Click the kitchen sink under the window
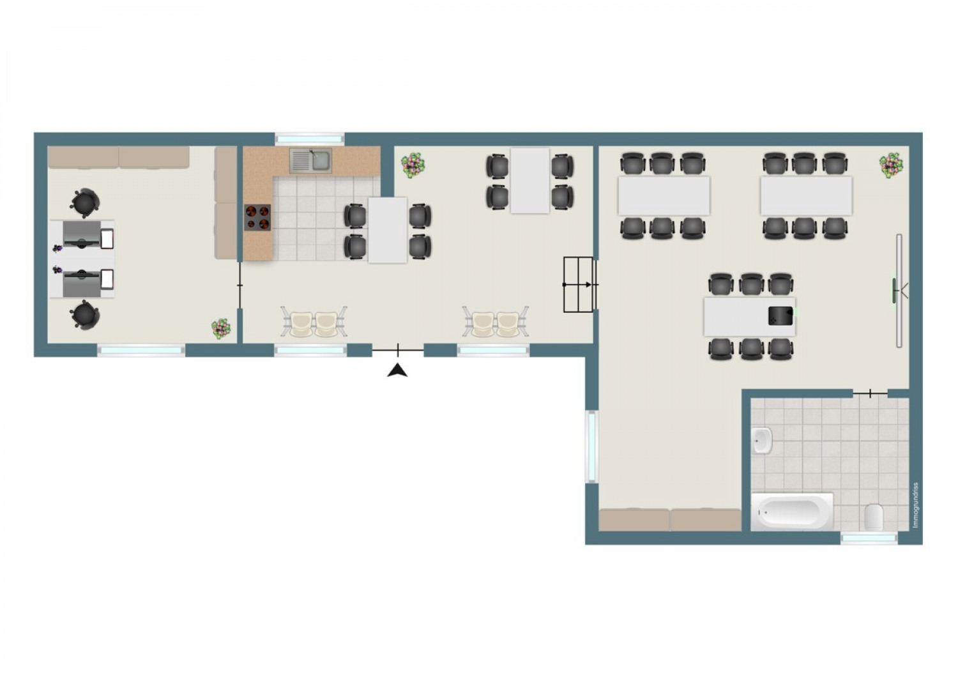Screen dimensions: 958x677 pyautogui.click(x=310, y=160)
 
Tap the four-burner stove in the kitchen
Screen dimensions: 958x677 pyautogui.click(x=257, y=217)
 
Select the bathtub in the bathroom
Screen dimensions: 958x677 pyautogui.click(x=793, y=512)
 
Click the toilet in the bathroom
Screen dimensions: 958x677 pyautogui.click(x=874, y=517)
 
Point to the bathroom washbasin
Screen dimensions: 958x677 pyautogui.click(x=762, y=440)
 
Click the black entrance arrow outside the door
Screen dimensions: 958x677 pyautogui.click(x=397, y=370)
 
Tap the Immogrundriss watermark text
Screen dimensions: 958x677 pyautogui.click(x=916, y=505)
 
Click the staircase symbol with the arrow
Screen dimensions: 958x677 pyautogui.click(x=580, y=284)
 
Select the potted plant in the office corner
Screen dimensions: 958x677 pyautogui.click(x=221, y=329)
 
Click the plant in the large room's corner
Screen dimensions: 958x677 pyautogui.click(x=892, y=165)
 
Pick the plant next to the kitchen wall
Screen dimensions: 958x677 pyautogui.click(x=413, y=165)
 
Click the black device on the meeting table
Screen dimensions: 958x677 pyautogui.click(x=780, y=316)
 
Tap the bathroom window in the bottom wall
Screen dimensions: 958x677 pyautogui.click(x=869, y=538)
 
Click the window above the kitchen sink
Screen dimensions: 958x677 pyautogui.click(x=309, y=139)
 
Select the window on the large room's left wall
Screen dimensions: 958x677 pyautogui.click(x=591, y=446)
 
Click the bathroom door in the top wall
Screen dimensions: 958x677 pyautogui.click(x=871, y=393)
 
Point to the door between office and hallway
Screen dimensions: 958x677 pyautogui.click(x=240, y=285)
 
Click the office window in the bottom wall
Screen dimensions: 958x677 pyautogui.click(x=141, y=351)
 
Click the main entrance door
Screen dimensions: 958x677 pyautogui.click(x=398, y=350)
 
